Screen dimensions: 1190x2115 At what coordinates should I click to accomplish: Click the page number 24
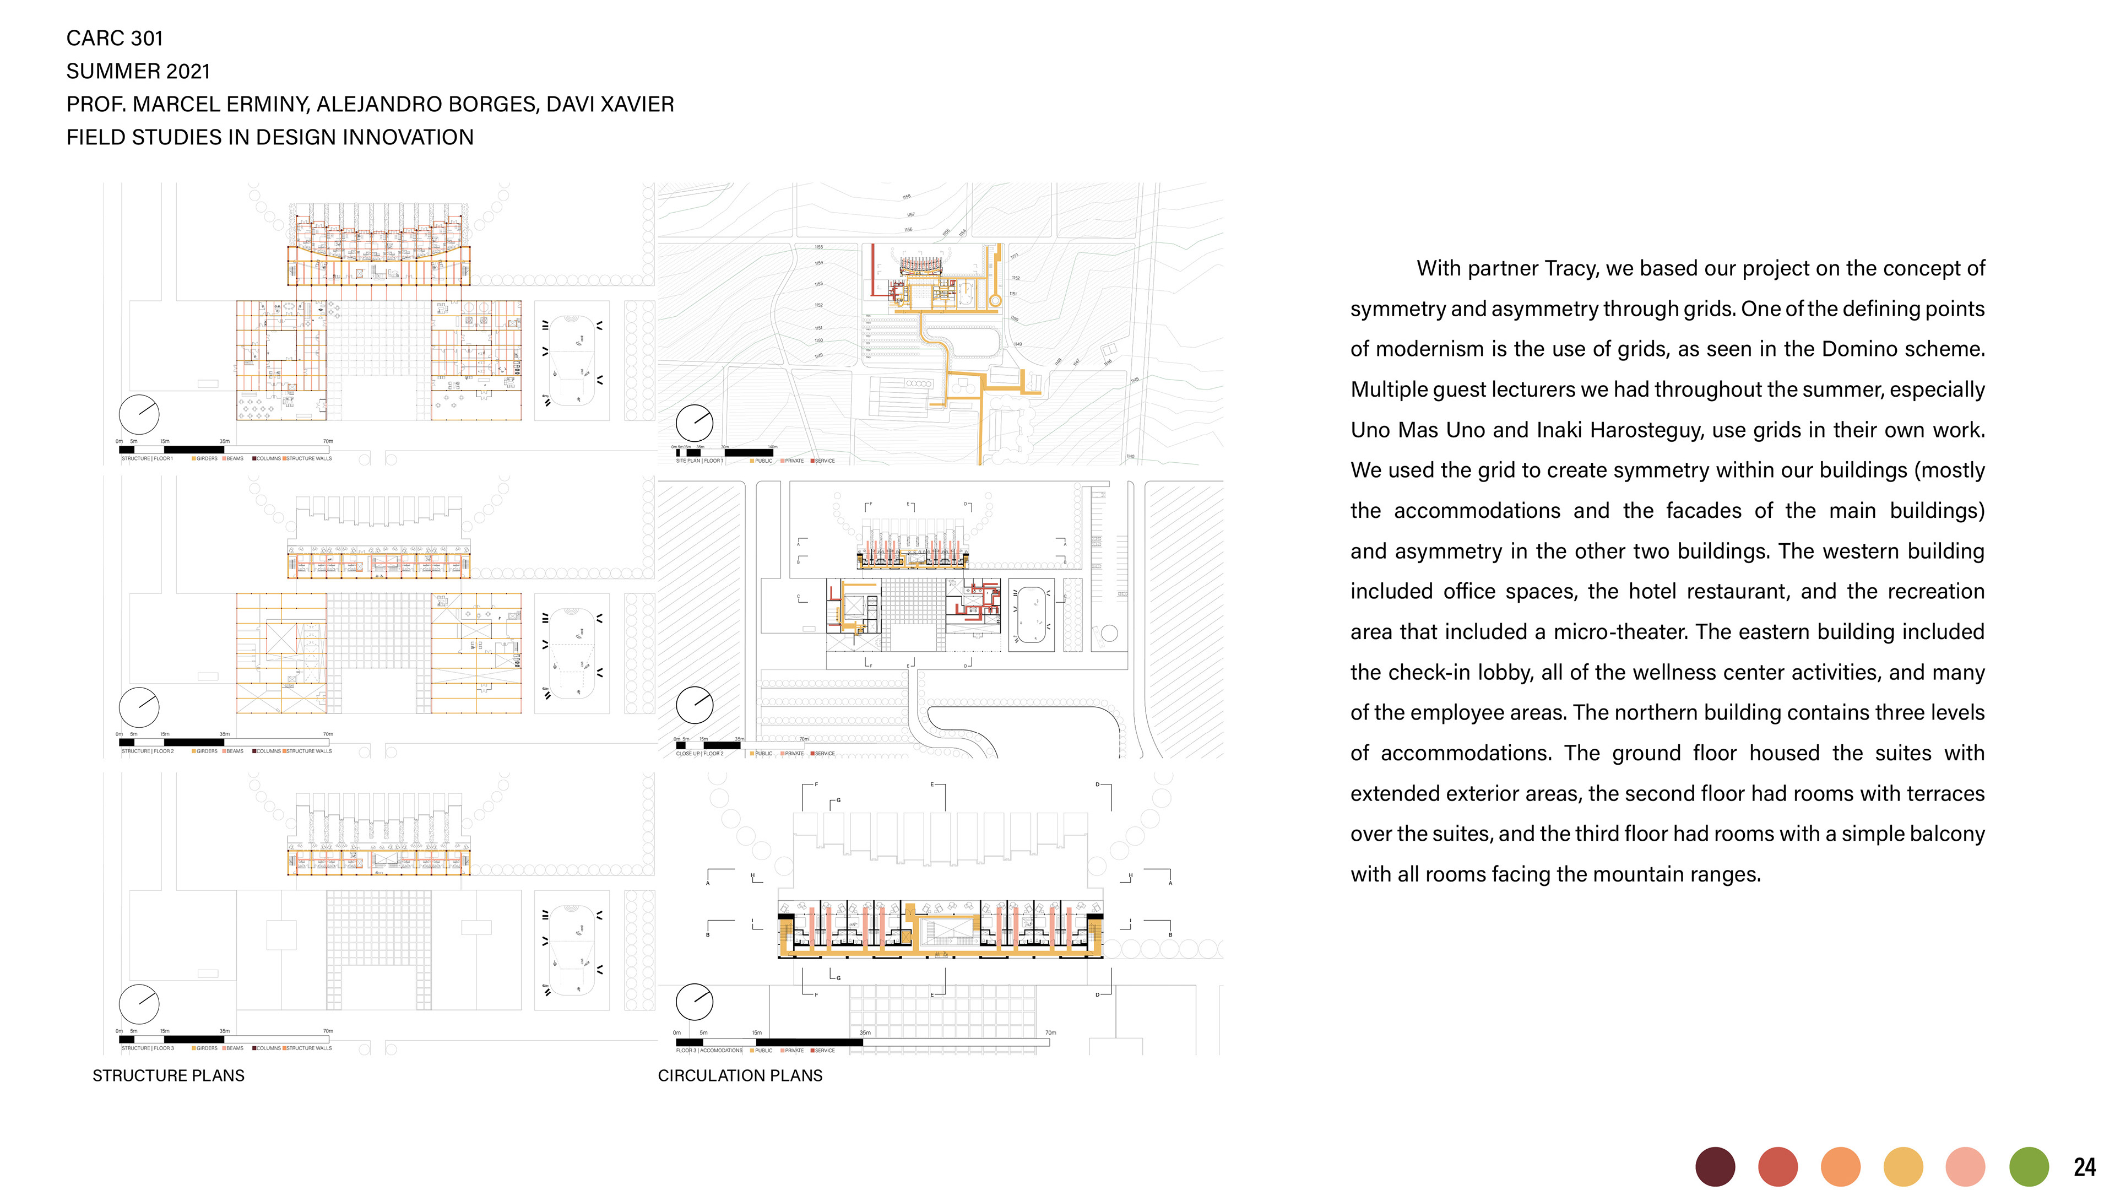(2084, 1167)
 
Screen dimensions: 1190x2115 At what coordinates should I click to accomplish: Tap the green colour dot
(2028, 1167)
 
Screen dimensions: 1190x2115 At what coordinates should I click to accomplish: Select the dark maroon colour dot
(1715, 1167)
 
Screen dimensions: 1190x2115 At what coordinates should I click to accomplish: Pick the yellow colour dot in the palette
(1902, 1167)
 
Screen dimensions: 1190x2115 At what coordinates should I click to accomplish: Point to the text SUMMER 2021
(138, 72)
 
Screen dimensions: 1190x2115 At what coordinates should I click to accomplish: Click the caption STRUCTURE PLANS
(169, 1076)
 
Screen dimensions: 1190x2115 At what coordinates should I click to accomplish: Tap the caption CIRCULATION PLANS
(740, 1076)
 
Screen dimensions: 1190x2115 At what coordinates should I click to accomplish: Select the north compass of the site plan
(695, 423)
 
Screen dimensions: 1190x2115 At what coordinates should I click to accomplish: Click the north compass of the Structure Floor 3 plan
(139, 1004)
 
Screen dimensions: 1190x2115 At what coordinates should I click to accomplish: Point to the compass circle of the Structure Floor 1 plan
(139, 415)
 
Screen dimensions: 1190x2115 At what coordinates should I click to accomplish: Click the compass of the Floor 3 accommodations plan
(695, 1002)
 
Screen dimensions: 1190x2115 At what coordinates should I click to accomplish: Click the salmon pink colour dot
(1966, 1167)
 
